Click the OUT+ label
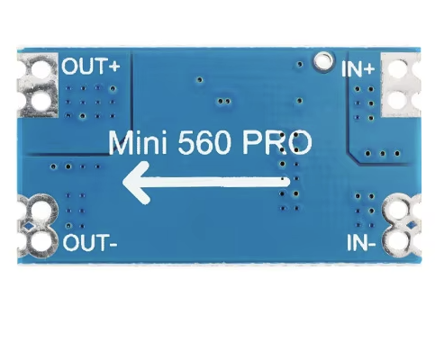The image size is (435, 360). [x=90, y=66]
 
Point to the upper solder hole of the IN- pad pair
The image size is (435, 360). [x=397, y=211]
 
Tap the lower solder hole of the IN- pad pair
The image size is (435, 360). [x=397, y=241]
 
